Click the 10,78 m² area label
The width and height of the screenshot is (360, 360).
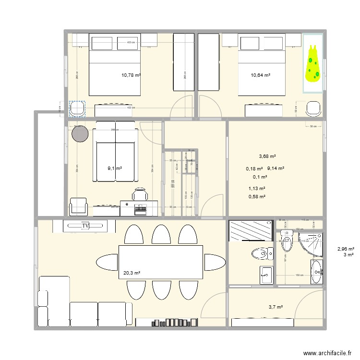131,75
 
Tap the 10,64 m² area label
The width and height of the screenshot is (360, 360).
260,75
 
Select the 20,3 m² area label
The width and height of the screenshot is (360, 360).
131,273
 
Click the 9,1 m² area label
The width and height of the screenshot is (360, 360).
114,168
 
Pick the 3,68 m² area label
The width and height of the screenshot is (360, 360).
267,156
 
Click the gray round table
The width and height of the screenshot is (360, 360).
80,133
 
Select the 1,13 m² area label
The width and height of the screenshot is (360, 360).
257,189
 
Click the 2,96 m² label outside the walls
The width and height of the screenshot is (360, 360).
346,249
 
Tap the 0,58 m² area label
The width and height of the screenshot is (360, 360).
257,196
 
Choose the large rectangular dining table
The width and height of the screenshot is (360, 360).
161,262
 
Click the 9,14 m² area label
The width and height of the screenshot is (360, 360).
276,168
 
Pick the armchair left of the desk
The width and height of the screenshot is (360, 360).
79,207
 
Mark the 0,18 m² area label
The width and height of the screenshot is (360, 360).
254,168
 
